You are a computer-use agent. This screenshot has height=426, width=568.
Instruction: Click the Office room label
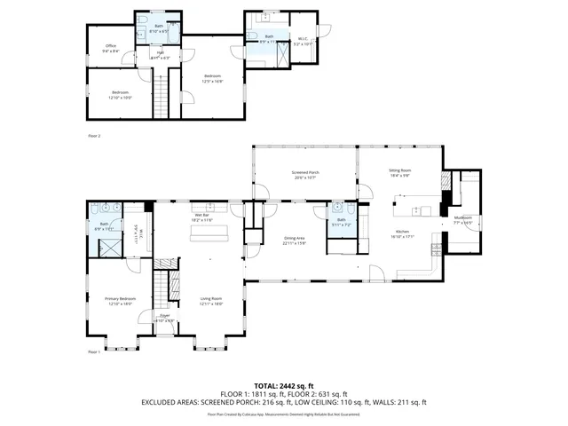111,45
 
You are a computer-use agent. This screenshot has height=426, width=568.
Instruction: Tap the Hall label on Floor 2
161,52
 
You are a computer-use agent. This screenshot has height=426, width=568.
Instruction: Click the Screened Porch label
304,172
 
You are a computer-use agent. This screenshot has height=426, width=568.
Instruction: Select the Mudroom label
462,217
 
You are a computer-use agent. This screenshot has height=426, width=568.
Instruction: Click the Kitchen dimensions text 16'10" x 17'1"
400,236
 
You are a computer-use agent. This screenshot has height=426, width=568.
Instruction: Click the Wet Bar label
201,215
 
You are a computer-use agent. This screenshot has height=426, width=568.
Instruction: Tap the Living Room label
210,298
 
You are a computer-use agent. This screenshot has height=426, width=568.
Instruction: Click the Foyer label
164,315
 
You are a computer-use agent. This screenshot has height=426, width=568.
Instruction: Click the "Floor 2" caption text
94,136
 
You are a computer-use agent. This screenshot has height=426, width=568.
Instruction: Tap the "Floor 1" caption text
94,352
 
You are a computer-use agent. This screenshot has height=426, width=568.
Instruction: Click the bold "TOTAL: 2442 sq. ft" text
283,385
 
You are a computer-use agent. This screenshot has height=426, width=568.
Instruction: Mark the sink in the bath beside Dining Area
338,211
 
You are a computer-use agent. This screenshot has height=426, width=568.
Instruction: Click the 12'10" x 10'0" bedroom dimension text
120,98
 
